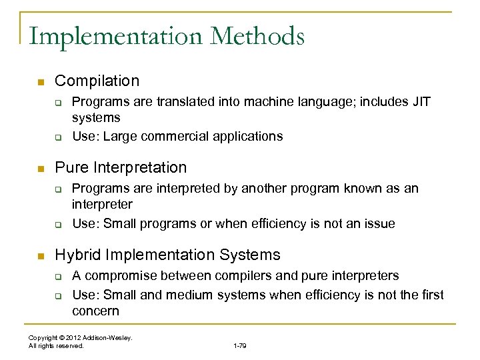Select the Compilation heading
tap(97, 81)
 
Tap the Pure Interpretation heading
tap(121, 167)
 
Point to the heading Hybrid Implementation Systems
tap(167, 255)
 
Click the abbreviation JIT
tap(422, 101)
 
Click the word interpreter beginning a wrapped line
tap(102, 204)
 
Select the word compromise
tap(118, 275)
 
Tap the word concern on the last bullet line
tap(95, 311)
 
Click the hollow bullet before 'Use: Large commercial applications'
tap(58, 137)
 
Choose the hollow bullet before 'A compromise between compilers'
tap(58, 276)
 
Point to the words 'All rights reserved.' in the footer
tap(57, 346)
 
